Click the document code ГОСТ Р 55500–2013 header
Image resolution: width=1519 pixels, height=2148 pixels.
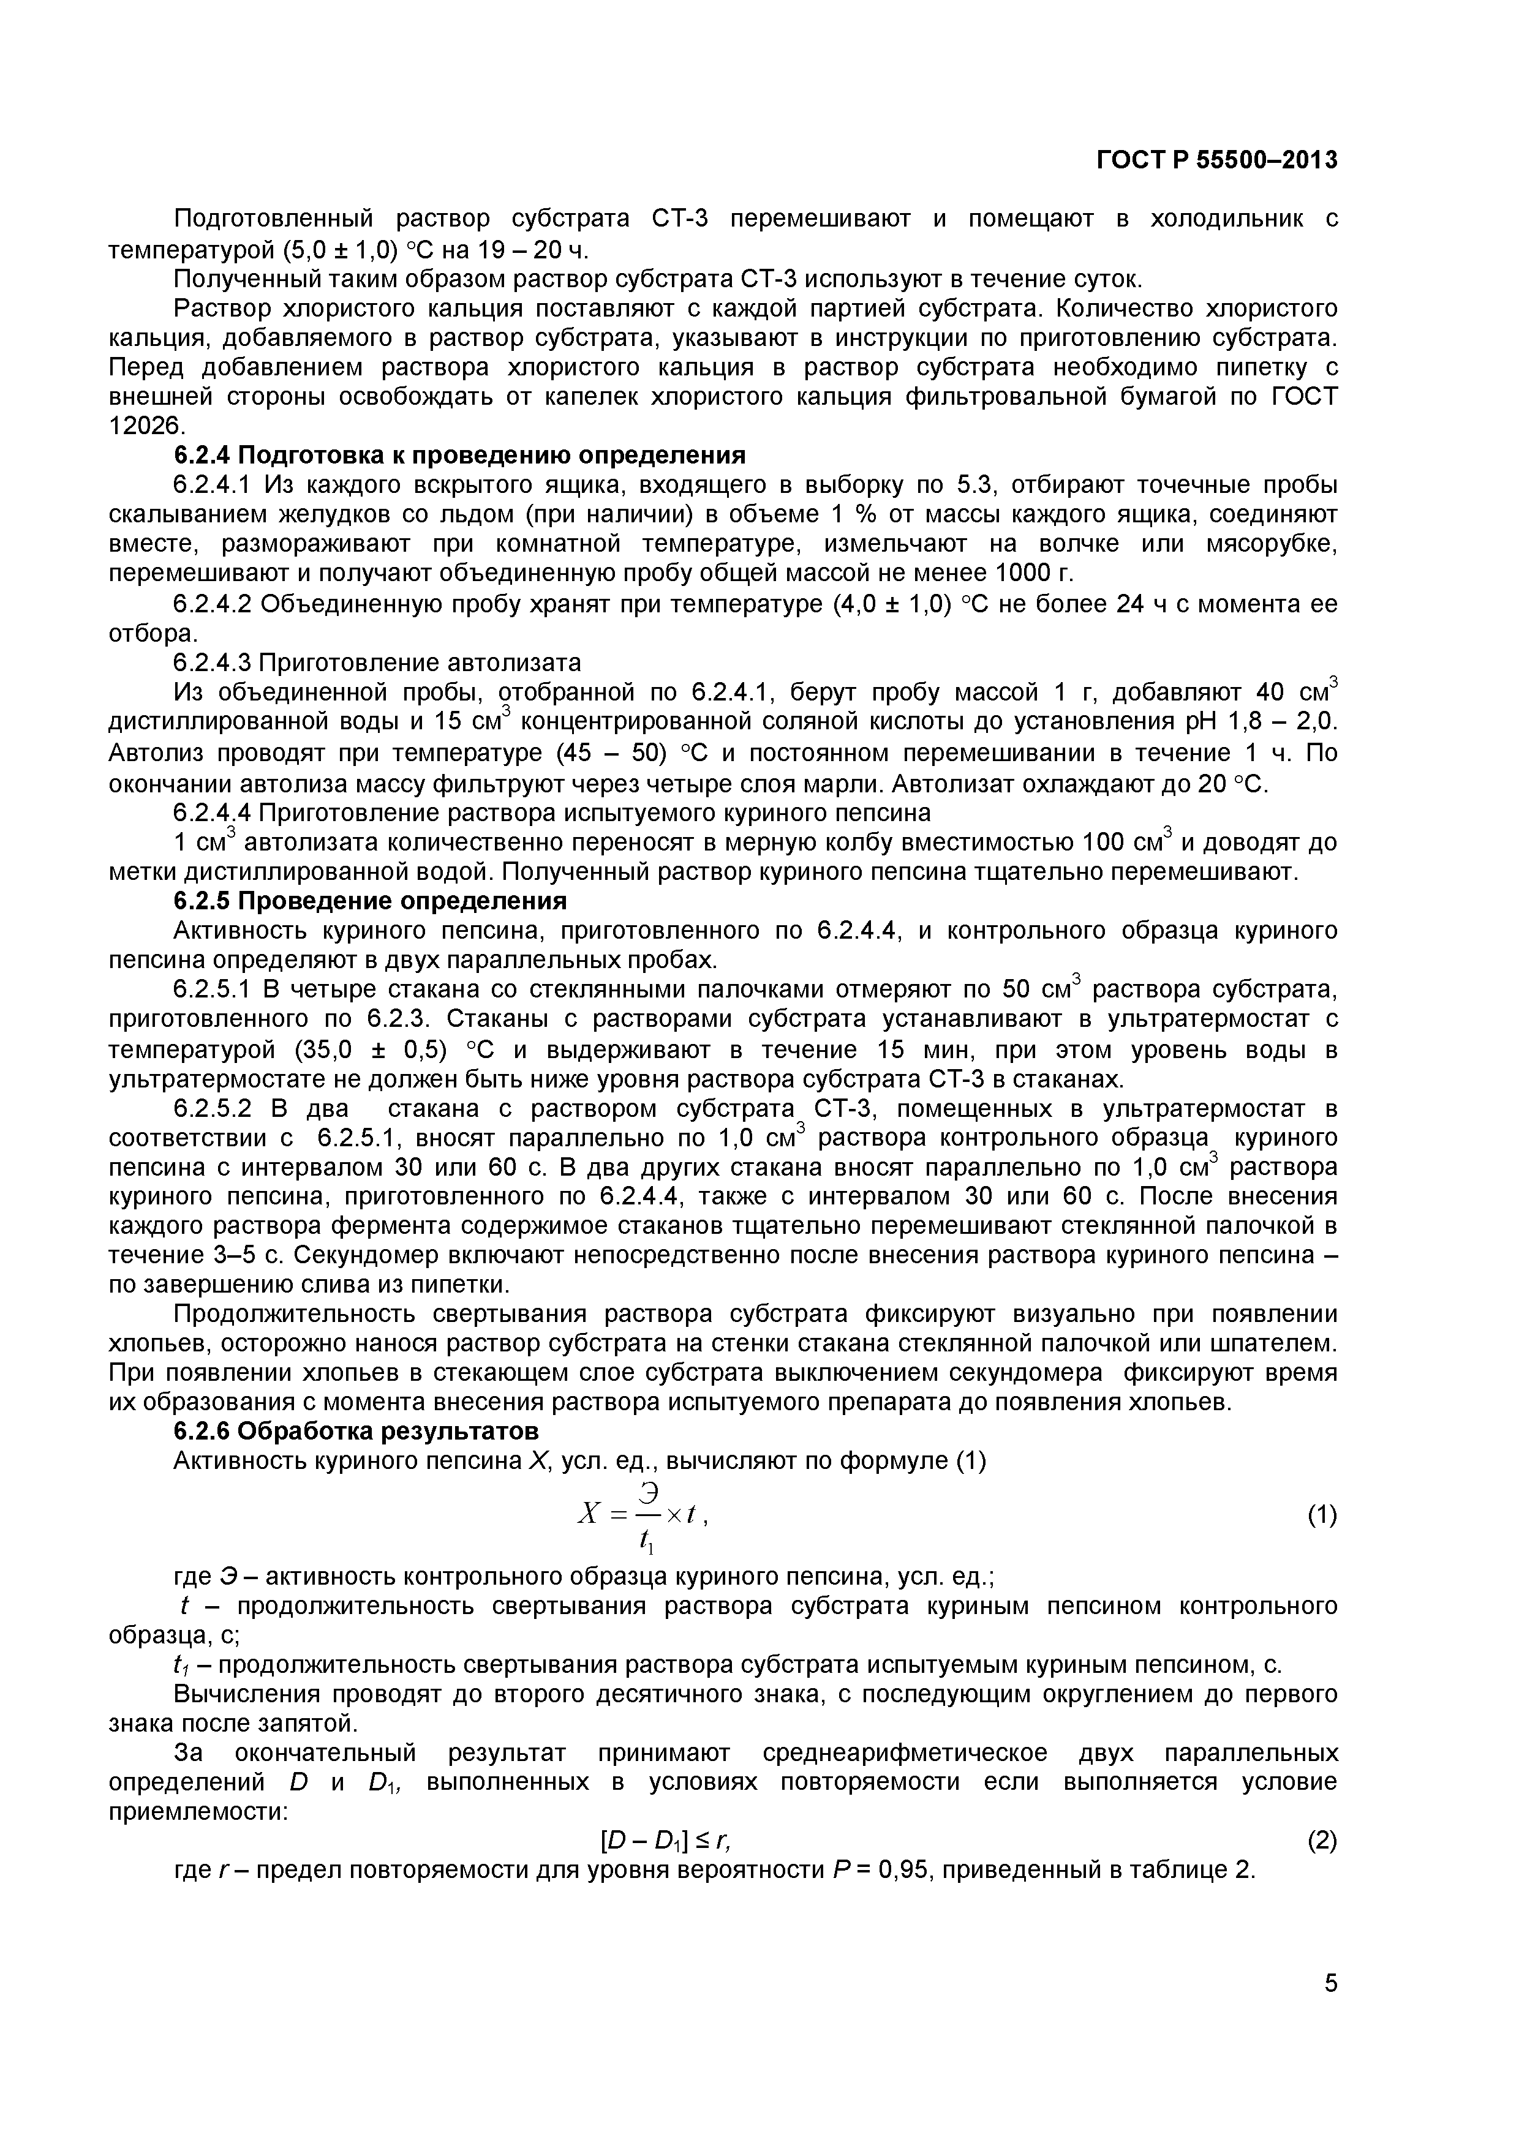[x=1216, y=161]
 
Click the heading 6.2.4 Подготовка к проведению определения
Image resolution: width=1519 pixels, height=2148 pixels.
[x=459, y=456]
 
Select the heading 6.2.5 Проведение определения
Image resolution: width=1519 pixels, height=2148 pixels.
[x=370, y=901]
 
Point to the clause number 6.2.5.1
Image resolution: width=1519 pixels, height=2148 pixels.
[x=213, y=990]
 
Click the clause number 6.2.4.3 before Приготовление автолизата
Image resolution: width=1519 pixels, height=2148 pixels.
[x=213, y=663]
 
